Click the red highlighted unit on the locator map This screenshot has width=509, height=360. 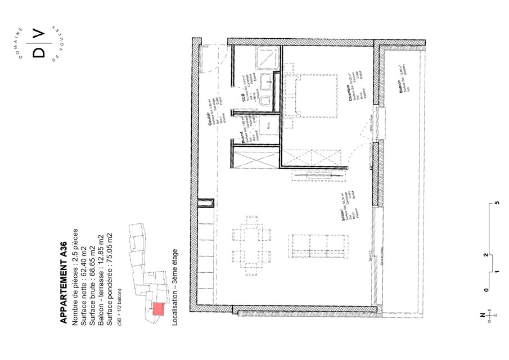point(159,309)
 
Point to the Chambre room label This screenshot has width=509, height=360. point(350,93)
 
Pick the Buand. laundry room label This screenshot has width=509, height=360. point(243,138)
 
